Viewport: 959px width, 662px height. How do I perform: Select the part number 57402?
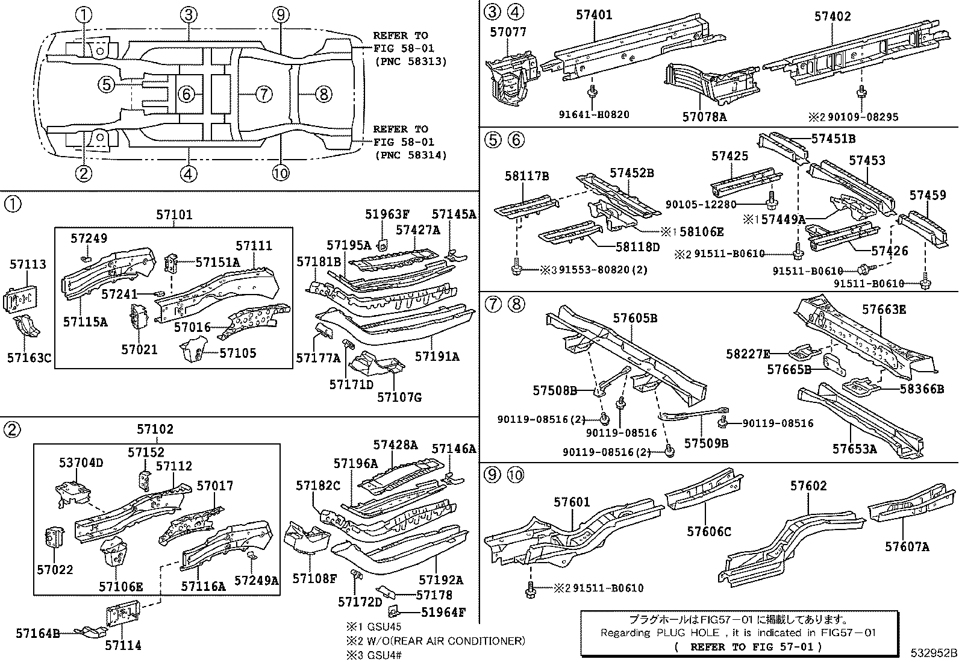pyautogui.click(x=832, y=16)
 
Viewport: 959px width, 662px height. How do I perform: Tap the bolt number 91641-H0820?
pyautogui.click(x=593, y=114)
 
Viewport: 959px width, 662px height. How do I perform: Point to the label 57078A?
pyautogui.click(x=704, y=117)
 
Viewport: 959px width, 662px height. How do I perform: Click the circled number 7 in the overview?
pyautogui.click(x=263, y=94)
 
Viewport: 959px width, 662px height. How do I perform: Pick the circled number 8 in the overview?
pyautogui.click(x=323, y=94)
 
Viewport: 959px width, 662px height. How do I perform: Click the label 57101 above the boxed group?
pyautogui.click(x=174, y=214)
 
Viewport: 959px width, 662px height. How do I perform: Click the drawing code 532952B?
pyautogui.click(x=933, y=653)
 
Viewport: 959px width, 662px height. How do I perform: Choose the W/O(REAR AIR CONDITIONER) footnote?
pyautogui.click(x=435, y=641)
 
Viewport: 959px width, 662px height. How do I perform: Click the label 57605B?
pyautogui.click(x=635, y=318)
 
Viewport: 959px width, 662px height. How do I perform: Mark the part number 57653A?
pyautogui.click(x=855, y=449)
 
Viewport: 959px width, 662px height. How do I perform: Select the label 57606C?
pyautogui.click(x=709, y=531)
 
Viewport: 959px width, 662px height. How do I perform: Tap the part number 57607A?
pyautogui.click(x=907, y=546)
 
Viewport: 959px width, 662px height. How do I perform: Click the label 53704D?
pyautogui.click(x=81, y=463)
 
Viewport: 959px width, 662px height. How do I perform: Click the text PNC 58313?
pyautogui.click(x=411, y=61)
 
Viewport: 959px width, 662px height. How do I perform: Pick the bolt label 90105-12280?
pyautogui.click(x=701, y=205)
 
